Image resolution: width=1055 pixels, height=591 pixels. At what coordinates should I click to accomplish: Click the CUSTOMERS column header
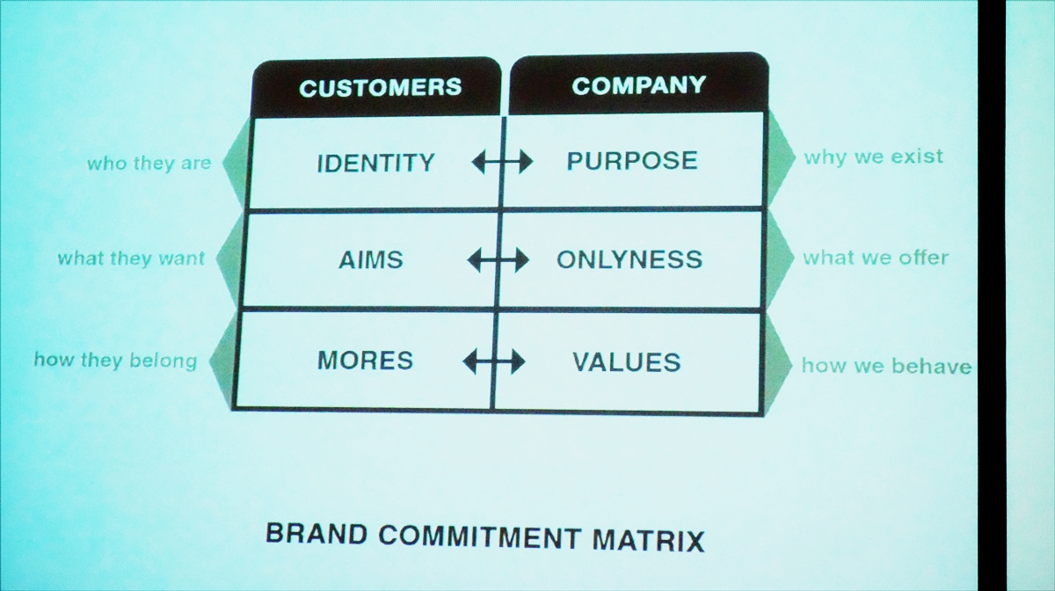pyautogui.click(x=380, y=88)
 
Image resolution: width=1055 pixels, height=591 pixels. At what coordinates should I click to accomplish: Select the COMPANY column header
pyautogui.click(x=638, y=85)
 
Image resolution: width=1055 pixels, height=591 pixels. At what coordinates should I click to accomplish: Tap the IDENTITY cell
pyautogui.click(x=375, y=163)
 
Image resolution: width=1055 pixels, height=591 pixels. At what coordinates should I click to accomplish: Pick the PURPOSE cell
pyautogui.click(x=631, y=160)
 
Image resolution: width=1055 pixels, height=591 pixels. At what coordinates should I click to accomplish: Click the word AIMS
pyautogui.click(x=371, y=259)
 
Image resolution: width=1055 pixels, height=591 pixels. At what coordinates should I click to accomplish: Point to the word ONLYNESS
pyautogui.click(x=629, y=259)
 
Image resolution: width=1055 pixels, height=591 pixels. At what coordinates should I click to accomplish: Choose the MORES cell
pyautogui.click(x=365, y=361)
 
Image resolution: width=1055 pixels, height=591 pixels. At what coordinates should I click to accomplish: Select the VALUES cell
pyautogui.click(x=626, y=362)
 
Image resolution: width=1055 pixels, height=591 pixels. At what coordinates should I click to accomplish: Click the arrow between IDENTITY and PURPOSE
pyautogui.click(x=502, y=162)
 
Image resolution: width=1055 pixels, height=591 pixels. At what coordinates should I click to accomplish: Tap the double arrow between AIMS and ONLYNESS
pyautogui.click(x=498, y=259)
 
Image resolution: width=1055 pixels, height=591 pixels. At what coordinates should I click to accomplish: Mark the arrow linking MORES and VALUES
pyautogui.click(x=493, y=362)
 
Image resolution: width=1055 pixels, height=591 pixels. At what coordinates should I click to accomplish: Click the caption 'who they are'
pyautogui.click(x=149, y=164)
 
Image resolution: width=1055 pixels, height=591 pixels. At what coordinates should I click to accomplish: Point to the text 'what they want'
pyautogui.click(x=131, y=259)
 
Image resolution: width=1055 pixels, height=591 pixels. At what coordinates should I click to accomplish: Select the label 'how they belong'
pyautogui.click(x=115, y=361)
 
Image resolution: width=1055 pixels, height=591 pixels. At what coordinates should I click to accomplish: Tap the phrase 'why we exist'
pyautogui.click(x=874, y=157)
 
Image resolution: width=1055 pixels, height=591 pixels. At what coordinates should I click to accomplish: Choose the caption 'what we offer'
pyautogui.click(x=876, y=258)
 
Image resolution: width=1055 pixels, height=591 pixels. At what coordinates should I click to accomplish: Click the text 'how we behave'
pyautogui.click(x=886, y=366)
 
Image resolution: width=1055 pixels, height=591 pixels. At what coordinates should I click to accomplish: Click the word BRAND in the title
pyautogui.click(x=316, y=535)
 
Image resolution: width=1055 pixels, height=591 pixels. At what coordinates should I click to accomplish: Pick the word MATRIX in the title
pyautogui.click(x=649, y=541)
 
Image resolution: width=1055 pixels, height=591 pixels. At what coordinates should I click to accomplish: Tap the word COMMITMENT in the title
pyautogui.click(x=480, y=537)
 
